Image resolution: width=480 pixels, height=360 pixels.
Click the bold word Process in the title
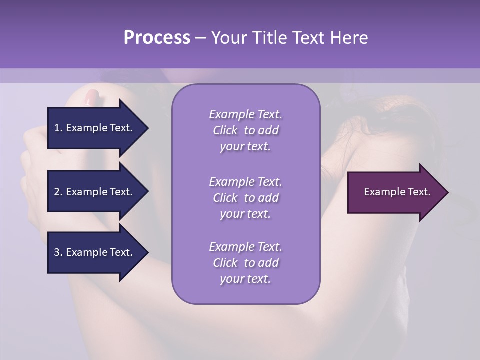[157, 38]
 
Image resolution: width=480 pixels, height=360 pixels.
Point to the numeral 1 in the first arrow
[57, 128]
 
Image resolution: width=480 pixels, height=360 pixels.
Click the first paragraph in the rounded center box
[245, 130]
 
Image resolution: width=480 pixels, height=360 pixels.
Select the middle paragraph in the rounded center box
[245, 198]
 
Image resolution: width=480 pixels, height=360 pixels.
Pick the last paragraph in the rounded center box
[245, 263]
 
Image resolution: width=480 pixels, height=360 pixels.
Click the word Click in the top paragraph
[225, 130]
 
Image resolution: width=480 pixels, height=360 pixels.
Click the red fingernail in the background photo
[92, 96]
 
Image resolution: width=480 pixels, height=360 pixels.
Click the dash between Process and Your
[200, 38]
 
